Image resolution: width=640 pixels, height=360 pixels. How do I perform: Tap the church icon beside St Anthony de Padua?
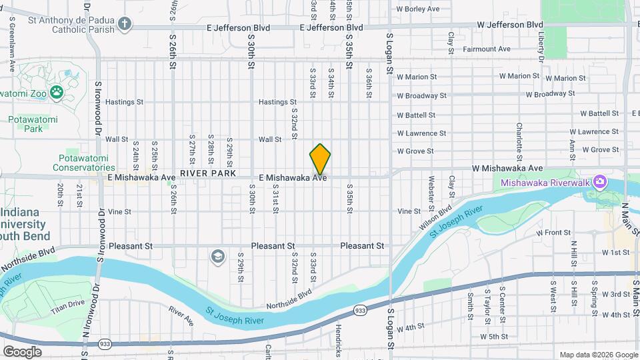coord(124,25)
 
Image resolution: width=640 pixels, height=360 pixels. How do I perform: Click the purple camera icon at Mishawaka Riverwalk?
coord(600,181)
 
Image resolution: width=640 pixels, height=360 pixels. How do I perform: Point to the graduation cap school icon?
coord(217,257)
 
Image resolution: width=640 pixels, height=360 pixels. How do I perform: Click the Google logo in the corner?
coord(22,351)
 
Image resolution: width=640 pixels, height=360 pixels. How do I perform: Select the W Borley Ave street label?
coord(418,9)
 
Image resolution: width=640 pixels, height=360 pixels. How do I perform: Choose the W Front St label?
coord(554,233)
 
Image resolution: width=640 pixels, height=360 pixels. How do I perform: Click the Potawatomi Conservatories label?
coord(87,163)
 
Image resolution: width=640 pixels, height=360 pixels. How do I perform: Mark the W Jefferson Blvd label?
coord(510,24)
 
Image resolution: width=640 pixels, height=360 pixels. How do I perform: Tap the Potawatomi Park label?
coord(33,124)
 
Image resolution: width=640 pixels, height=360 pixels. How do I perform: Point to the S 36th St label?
coord(369,83)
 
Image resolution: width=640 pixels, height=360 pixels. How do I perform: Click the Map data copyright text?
coord(598,355)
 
